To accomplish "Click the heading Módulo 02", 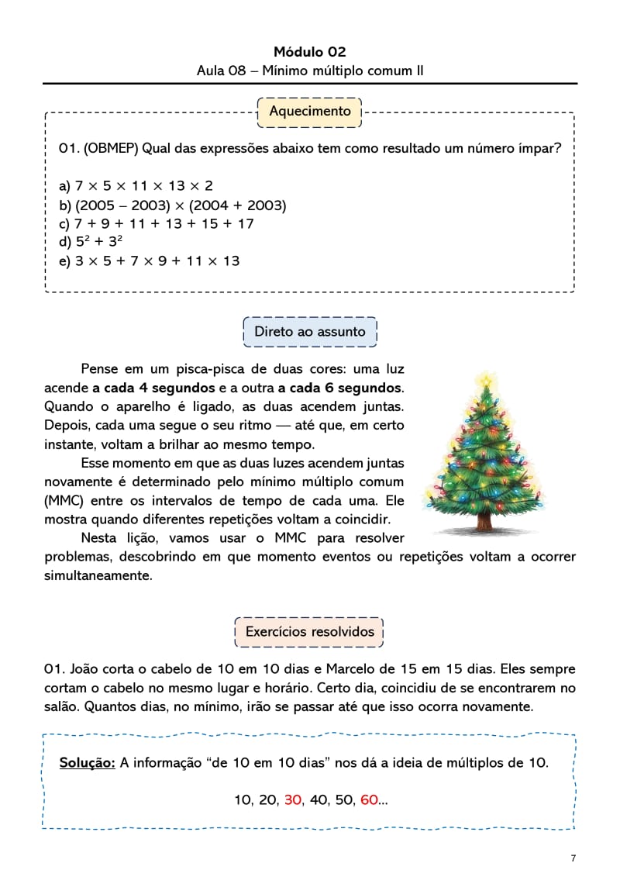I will pyautogui.click(x=309, y=52).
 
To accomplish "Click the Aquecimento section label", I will pyautogui.click(x=309, y=111).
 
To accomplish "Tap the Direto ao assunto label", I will pyautogui.click(x=309, y=332).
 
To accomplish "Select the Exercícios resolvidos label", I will pyautogui.click(x=309, y=631).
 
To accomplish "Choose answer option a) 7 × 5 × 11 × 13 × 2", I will pyautogui.click(x=136, y=186).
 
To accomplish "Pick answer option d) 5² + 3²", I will pyautogui.click(x=91, y=242).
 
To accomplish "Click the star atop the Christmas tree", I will pyautogui.click(x=486, y=380).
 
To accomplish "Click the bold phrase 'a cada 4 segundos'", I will pyautogui.click(x=153, y=388).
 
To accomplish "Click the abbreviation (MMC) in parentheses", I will pyautogui.click(x=64, y=500).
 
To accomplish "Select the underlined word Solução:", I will pyautogui.click(x=88, y=763).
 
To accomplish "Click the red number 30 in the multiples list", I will pyautogui.click(x=292, y=799).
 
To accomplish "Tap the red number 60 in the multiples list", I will pyautogui.click(x=369, y=799).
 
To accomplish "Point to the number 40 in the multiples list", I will pyautogui.click(x=318, y=799).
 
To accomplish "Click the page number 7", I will pyautogui.click(x=573, y=858).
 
